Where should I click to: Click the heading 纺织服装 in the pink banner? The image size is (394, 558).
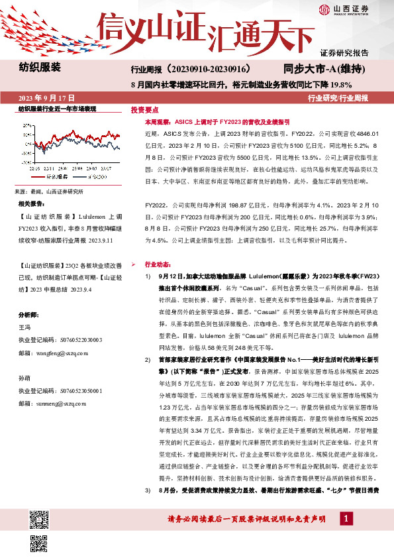[x=40, y=68]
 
